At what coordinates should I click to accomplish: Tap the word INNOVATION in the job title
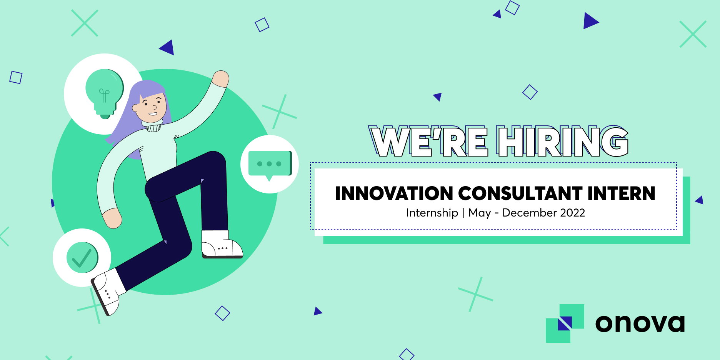(394, 193)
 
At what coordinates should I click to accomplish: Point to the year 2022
(573, 213)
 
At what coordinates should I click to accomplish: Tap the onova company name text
(640, 323)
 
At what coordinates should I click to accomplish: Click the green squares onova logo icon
(565, 323)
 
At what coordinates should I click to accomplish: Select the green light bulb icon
(104, 94)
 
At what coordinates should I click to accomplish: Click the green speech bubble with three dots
(270, 165)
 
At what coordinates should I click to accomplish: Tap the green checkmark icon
(82, 258)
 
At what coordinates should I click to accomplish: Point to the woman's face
(151, 105)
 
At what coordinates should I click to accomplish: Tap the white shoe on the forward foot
(222, 244)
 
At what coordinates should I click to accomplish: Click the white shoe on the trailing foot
(106, 292)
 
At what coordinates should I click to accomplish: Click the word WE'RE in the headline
(428, 141)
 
